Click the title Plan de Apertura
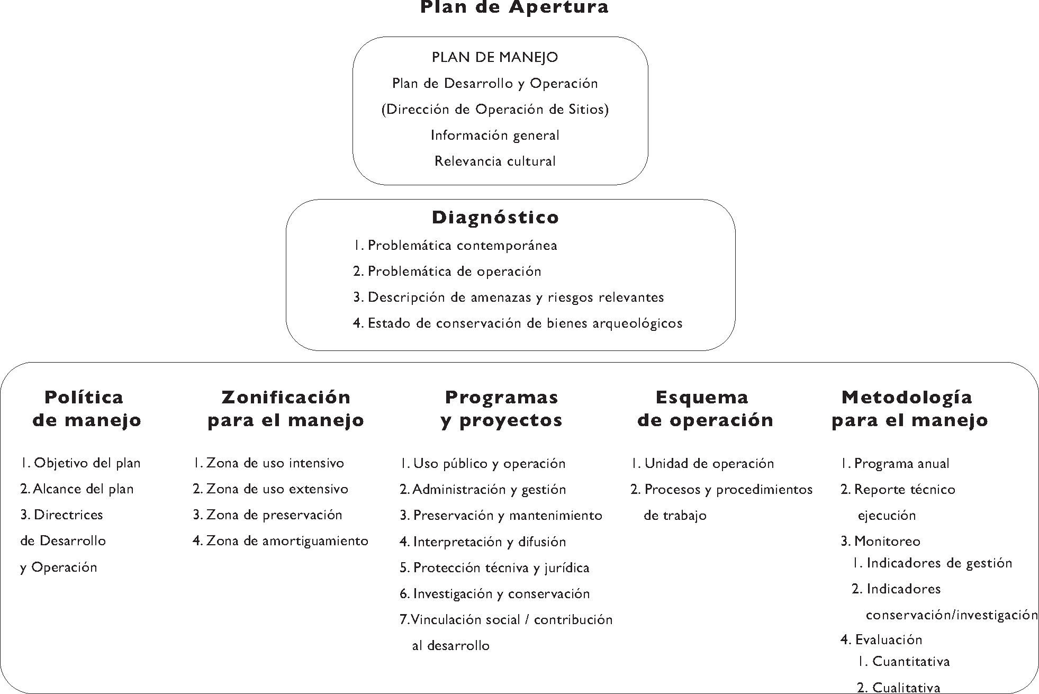[514, 7]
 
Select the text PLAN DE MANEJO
[495, 57]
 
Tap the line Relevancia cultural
[495, 161]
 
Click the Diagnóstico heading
[495, 217]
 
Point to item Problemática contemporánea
[455, 246]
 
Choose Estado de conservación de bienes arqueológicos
[518, 323]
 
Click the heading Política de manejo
[86, 408]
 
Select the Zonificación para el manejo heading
[286, 408]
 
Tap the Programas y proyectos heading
[501, 408]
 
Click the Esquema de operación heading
[704, 408]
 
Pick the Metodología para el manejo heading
[909, 408]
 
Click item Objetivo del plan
[80, 463]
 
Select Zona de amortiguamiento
[281, 541]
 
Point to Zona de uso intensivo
[268, 463]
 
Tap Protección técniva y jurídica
[494, 568]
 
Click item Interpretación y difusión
[483, 542]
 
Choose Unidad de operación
[702, 464]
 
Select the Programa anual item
[895, 464]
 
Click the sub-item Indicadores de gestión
[932, 563]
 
